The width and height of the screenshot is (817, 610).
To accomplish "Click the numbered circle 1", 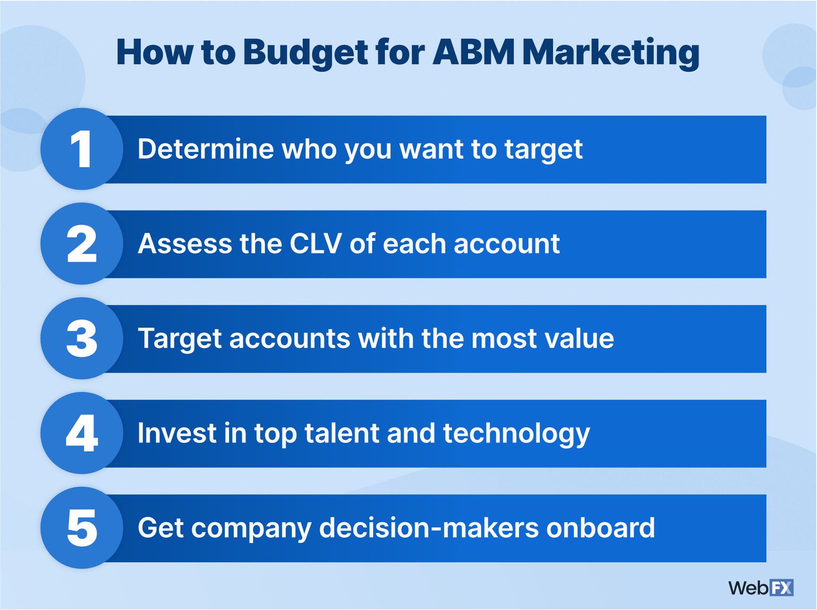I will click(82, 149).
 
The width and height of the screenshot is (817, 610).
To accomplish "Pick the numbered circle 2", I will click(82, 244).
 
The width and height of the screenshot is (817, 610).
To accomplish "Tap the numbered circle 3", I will click(82, 339).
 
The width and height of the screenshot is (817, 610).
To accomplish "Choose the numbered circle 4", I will click(82, 433).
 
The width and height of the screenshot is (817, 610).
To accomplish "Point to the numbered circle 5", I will click(82, 528).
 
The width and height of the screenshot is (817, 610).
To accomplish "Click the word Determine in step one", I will click(205, 149).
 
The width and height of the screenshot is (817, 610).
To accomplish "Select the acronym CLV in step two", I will click(315, 244).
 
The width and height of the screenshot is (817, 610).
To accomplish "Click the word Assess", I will click(185, 244).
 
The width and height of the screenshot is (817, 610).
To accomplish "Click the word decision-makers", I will click(429, 528).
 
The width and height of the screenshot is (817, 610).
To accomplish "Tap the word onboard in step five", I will click(601, 528).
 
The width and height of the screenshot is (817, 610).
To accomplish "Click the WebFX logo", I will click(761, 588).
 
